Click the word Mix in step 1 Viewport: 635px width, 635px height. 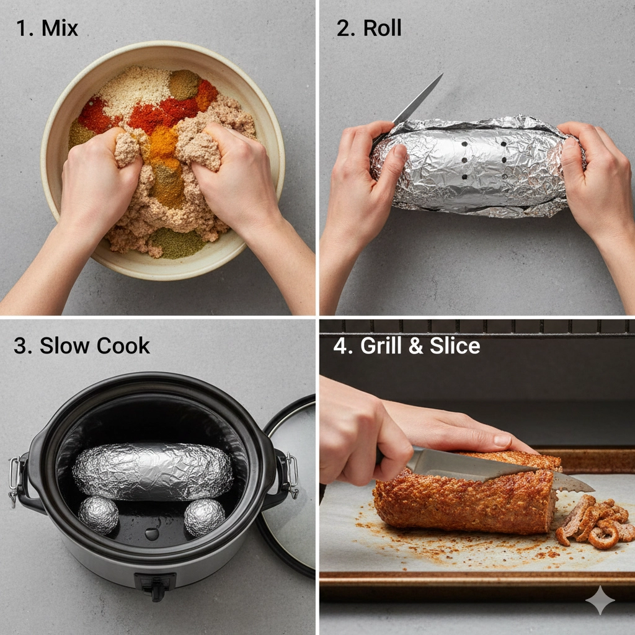pos(60,29)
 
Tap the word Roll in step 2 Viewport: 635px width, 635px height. pos(382,29)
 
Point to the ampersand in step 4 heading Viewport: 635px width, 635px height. pos(415,346)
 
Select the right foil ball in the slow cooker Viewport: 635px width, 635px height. pos(205,517)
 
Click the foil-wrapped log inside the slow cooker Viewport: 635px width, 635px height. pos(153,471)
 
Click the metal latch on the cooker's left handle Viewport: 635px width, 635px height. pos(15,481)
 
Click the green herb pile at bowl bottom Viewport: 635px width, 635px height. pos(177,243)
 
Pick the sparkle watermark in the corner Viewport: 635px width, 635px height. pos(600,600)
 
